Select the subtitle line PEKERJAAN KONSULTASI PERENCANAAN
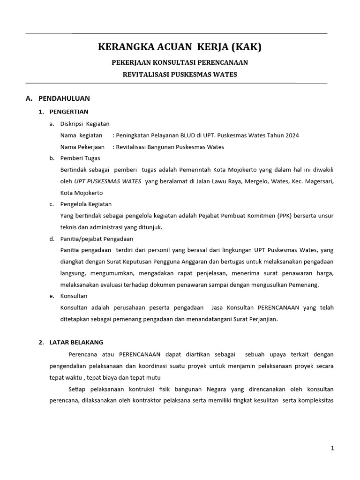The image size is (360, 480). tap(180, 62)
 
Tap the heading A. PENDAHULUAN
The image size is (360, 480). tap(58, 98)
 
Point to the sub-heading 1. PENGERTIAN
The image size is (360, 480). tap(63, 112)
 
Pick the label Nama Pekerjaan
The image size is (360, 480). tap(81, 147)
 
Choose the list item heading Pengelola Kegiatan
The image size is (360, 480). tap(86, 204)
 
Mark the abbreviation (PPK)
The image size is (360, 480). tap(286, 216)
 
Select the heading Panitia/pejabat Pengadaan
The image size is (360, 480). tap(97, 239)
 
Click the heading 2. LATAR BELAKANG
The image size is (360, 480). tap(71, 342)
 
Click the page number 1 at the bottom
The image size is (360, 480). tap(332, 449)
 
